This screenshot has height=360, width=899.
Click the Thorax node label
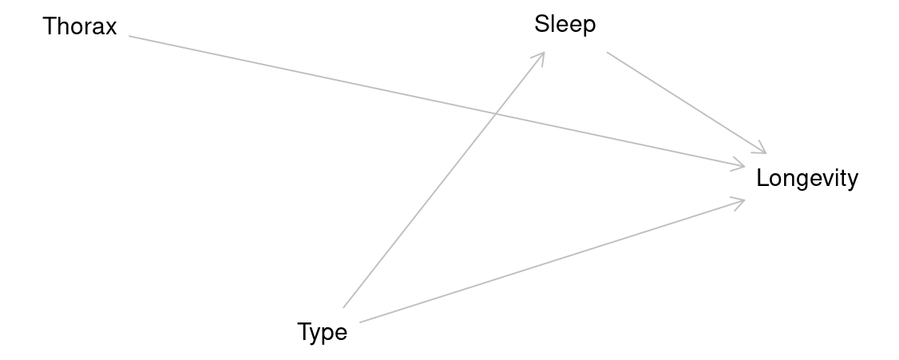[x=80, y=26]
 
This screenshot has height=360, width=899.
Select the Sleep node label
[x=565, y=25]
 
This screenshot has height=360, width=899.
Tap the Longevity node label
[x=807, y=179]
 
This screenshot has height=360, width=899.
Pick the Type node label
[x=323, y=333]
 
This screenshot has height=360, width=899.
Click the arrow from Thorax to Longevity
[x=437, y=101]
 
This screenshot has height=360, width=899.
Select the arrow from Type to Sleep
[x=444, y=180]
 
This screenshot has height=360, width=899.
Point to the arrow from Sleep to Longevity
[x=687, y=103]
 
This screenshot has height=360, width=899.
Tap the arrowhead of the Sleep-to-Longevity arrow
[x=761, y=148]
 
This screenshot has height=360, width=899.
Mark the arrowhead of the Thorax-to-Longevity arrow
[x=739, y=164]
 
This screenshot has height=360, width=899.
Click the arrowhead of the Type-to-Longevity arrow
[x=739, y=202]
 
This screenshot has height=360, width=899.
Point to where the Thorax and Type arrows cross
[x=495, y=114]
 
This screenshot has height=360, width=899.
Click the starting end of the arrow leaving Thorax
[x=129, y=36]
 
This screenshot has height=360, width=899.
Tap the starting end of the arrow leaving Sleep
[x=607, y=52]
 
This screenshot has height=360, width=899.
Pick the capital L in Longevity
[x=762, y=178]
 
